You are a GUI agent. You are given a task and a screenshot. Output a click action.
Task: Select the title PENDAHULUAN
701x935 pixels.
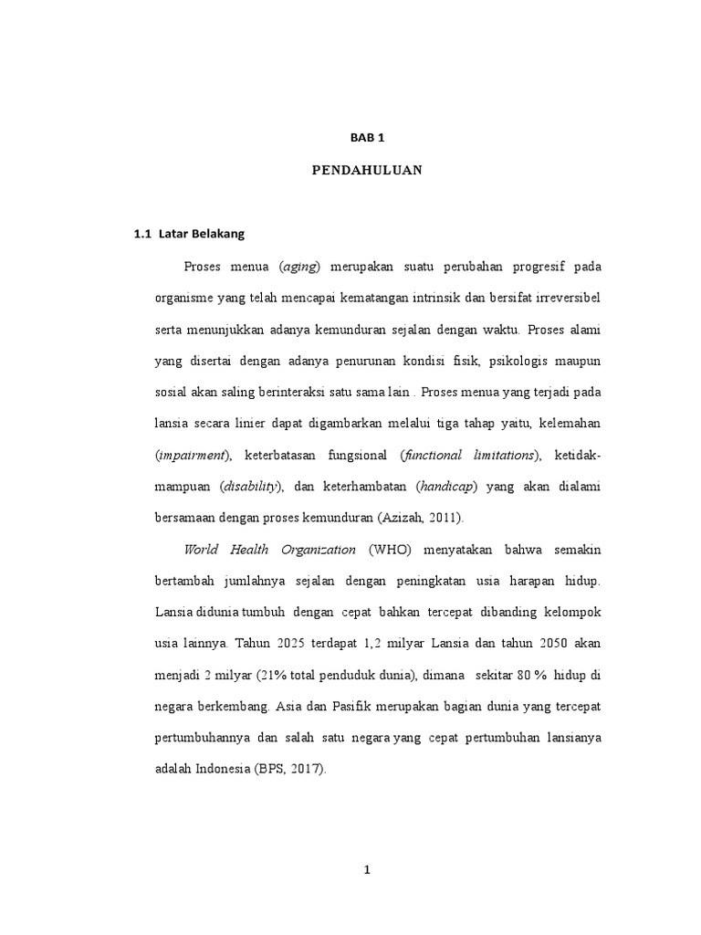(x=366, y=170)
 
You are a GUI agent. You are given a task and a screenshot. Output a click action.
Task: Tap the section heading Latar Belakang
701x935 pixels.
(x=202, y=234)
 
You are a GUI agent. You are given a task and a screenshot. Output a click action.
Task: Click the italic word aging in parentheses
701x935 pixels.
(x=304, y=267)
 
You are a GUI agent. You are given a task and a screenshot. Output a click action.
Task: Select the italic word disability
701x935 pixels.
(x=249, y=487)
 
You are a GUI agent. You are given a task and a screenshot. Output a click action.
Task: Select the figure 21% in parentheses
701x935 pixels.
(x=271, y=676)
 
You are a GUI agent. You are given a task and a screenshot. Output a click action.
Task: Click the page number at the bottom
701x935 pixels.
(x=366, y=871)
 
